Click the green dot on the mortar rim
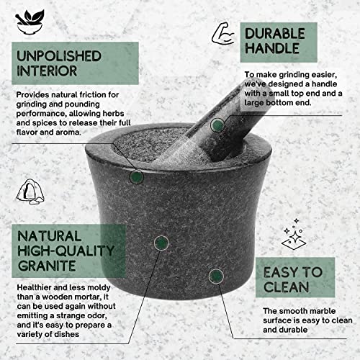137,175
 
